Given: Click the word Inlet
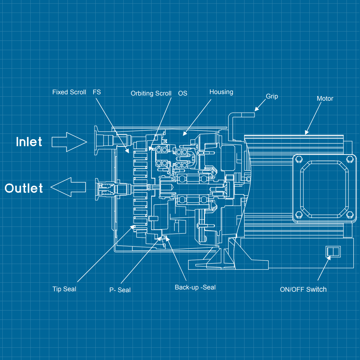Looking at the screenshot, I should [x=29, y=142].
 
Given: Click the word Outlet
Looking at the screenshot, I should [x=24, y=188].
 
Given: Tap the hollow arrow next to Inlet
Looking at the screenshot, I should [x=69, y=142].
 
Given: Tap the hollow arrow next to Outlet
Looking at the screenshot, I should [x=68, y=187].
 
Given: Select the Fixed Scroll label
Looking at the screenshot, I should [x=69, y=92].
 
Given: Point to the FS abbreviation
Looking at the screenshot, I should [x=97, y=92].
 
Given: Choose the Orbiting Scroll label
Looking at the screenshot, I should [x=151, y=93].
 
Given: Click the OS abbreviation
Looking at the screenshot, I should [x=182, y=93].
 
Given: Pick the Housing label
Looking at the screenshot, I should [x=221, y=92].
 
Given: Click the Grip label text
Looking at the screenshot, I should [x=272, y=96].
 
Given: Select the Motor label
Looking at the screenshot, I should [x=325, y=98].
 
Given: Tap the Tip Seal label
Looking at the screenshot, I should [x=64, y=289].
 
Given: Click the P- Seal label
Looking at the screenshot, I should [x=120, y=290].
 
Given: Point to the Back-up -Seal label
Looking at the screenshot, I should [x=195, y=287].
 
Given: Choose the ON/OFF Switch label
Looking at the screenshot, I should [x=303, y=289].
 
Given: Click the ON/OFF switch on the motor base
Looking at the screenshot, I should [x=333, y=251].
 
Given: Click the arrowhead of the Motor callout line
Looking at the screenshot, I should [x=306, y=133].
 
